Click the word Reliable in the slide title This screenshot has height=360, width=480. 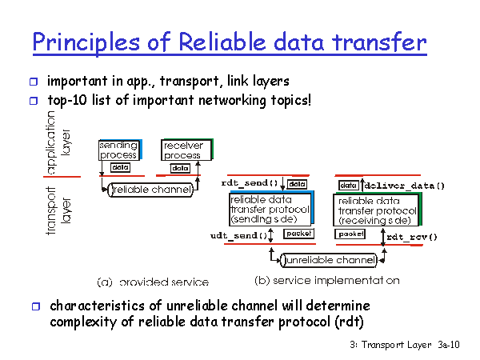[x=222, y=42]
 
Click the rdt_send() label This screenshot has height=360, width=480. [x=250, y=183]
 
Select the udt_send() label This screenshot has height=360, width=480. [x=238, y=236]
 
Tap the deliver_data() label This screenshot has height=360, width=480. [x=404, y=186]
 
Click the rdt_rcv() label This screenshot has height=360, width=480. [x=412, y=237]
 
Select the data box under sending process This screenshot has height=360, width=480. [x=120, y=167]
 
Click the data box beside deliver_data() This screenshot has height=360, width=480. [x=349, y=186]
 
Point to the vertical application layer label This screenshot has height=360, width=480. [x=58, y=142]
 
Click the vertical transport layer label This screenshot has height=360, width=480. [x=58, y=211]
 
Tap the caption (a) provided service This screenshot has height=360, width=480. [x=153, y=282]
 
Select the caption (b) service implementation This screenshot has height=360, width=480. [x=327, y=281]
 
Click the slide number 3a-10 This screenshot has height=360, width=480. [x=449, y=345]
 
